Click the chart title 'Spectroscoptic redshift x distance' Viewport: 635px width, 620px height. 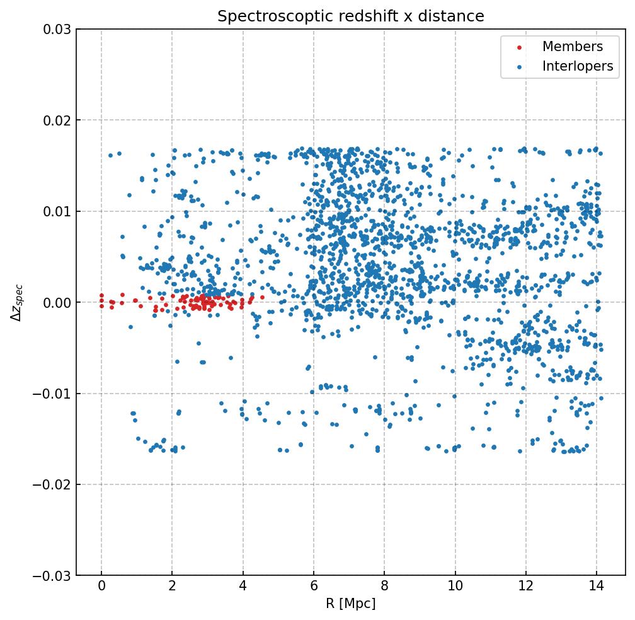click(x=351, y=16)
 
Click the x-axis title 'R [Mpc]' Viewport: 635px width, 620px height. click(x=351, y=604)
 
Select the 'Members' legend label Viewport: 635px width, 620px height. click(x=573, y=47)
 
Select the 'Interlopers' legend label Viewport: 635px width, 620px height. click(x=578, y=66)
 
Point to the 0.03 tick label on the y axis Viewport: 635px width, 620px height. click(x=57, y=30)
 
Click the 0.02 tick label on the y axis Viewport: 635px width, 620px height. click(x=57, y=120)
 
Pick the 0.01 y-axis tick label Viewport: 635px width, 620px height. click(x=57, y=212)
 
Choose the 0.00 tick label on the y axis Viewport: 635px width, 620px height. click(x=57, y=303)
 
